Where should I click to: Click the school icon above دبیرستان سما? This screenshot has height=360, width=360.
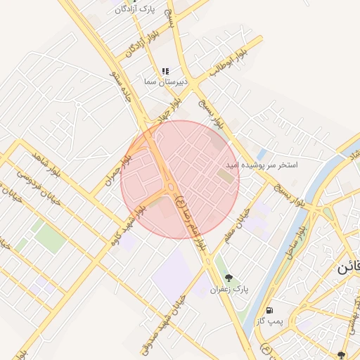pyautogui.click(x=165, y=71)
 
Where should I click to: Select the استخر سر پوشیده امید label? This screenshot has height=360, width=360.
pyautogui.click(x=261, y=165)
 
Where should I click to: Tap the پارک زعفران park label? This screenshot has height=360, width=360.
pyautogui.click(x=230, y=289)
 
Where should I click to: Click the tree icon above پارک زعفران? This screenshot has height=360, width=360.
pyautogui.click(x=227, y=277)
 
